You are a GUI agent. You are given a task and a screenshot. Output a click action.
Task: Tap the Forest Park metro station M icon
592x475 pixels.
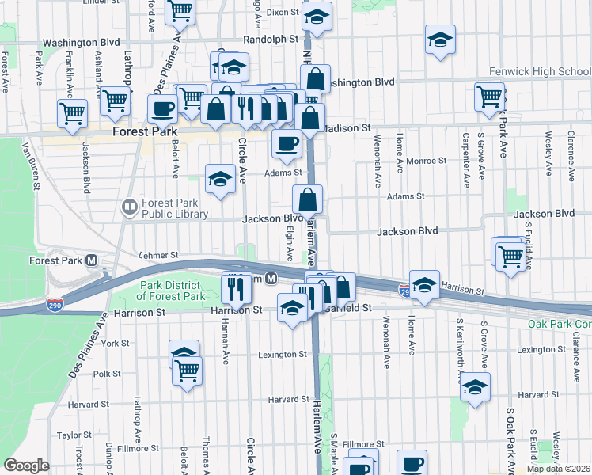point(92,260)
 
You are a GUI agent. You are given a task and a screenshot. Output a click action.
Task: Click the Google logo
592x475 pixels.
point(26,465)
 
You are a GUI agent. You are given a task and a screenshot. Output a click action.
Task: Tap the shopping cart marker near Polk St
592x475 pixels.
point(188,369)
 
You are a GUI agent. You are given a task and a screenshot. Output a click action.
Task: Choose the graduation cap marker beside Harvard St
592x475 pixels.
point(475,387)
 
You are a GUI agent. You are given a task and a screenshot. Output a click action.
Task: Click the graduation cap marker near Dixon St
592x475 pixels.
point(317,17)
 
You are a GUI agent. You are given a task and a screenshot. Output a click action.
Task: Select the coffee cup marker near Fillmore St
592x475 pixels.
point(412,464)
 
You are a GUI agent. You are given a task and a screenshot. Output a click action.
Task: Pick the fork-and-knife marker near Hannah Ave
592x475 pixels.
point(236,289)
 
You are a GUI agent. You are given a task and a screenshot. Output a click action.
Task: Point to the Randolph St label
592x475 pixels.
point(271,38)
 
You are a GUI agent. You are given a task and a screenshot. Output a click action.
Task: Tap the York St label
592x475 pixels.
point(115,344)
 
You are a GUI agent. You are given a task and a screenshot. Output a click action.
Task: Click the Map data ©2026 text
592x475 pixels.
point(557,468)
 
